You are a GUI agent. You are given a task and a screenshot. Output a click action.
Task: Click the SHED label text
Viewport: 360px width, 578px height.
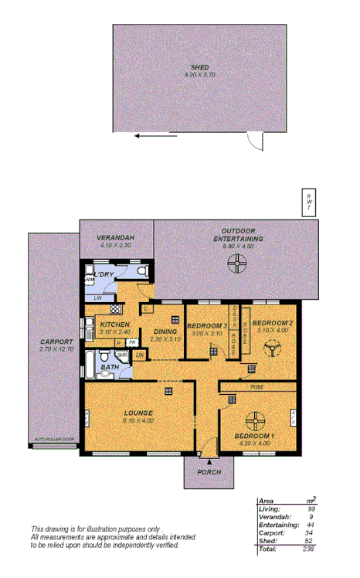point(199,67)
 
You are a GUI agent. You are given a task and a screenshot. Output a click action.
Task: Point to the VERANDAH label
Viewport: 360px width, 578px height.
point(116,236)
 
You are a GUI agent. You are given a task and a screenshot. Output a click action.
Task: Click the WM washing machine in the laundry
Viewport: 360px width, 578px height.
point(90,280)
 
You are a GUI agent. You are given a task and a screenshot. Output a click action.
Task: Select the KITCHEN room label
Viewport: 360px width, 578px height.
point(114,325)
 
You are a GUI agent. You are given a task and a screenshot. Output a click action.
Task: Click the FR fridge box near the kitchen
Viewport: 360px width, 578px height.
point(132,342)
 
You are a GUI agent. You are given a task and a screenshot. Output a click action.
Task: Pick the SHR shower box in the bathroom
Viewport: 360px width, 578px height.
point(121,355)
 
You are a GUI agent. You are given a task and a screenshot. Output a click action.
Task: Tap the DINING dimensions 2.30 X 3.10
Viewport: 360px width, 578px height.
point(165,339)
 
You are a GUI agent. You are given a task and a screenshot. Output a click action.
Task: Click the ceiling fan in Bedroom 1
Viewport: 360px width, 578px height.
point(255,420)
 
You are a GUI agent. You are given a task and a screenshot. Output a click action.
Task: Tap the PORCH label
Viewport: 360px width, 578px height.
point(209,472)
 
